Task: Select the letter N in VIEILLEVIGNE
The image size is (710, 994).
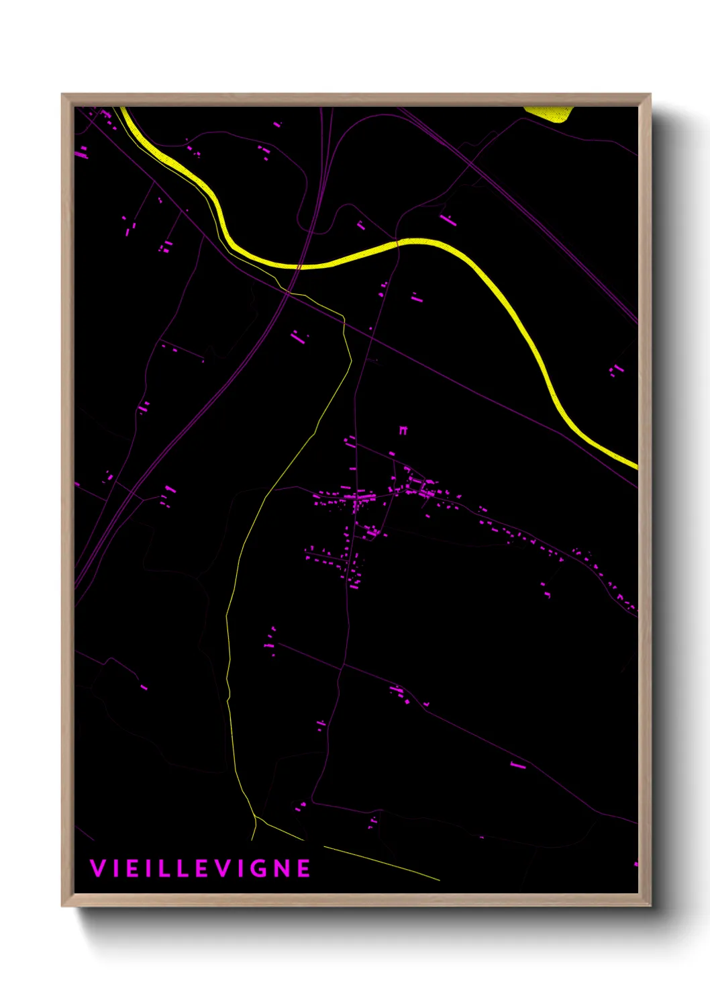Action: point(285,868)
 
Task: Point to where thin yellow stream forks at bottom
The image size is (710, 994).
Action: point(256,820)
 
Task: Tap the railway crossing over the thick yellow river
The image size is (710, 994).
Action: point(299,267)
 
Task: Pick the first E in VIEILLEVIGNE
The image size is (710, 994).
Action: point(131,868)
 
